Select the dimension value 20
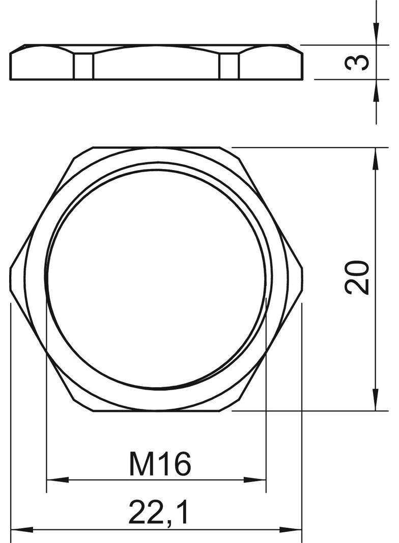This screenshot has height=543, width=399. click(x=357, y=278)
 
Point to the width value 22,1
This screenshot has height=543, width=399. click(x=158, y=512)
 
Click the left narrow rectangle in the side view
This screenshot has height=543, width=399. click(x=84, y=66)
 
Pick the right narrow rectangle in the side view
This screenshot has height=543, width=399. click(x=229, y=66)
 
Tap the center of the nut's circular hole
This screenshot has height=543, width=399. click(x=156, y=279)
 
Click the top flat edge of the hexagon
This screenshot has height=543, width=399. click(x=156, y=148)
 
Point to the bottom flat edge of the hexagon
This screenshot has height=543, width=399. click(x=156, y=411)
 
